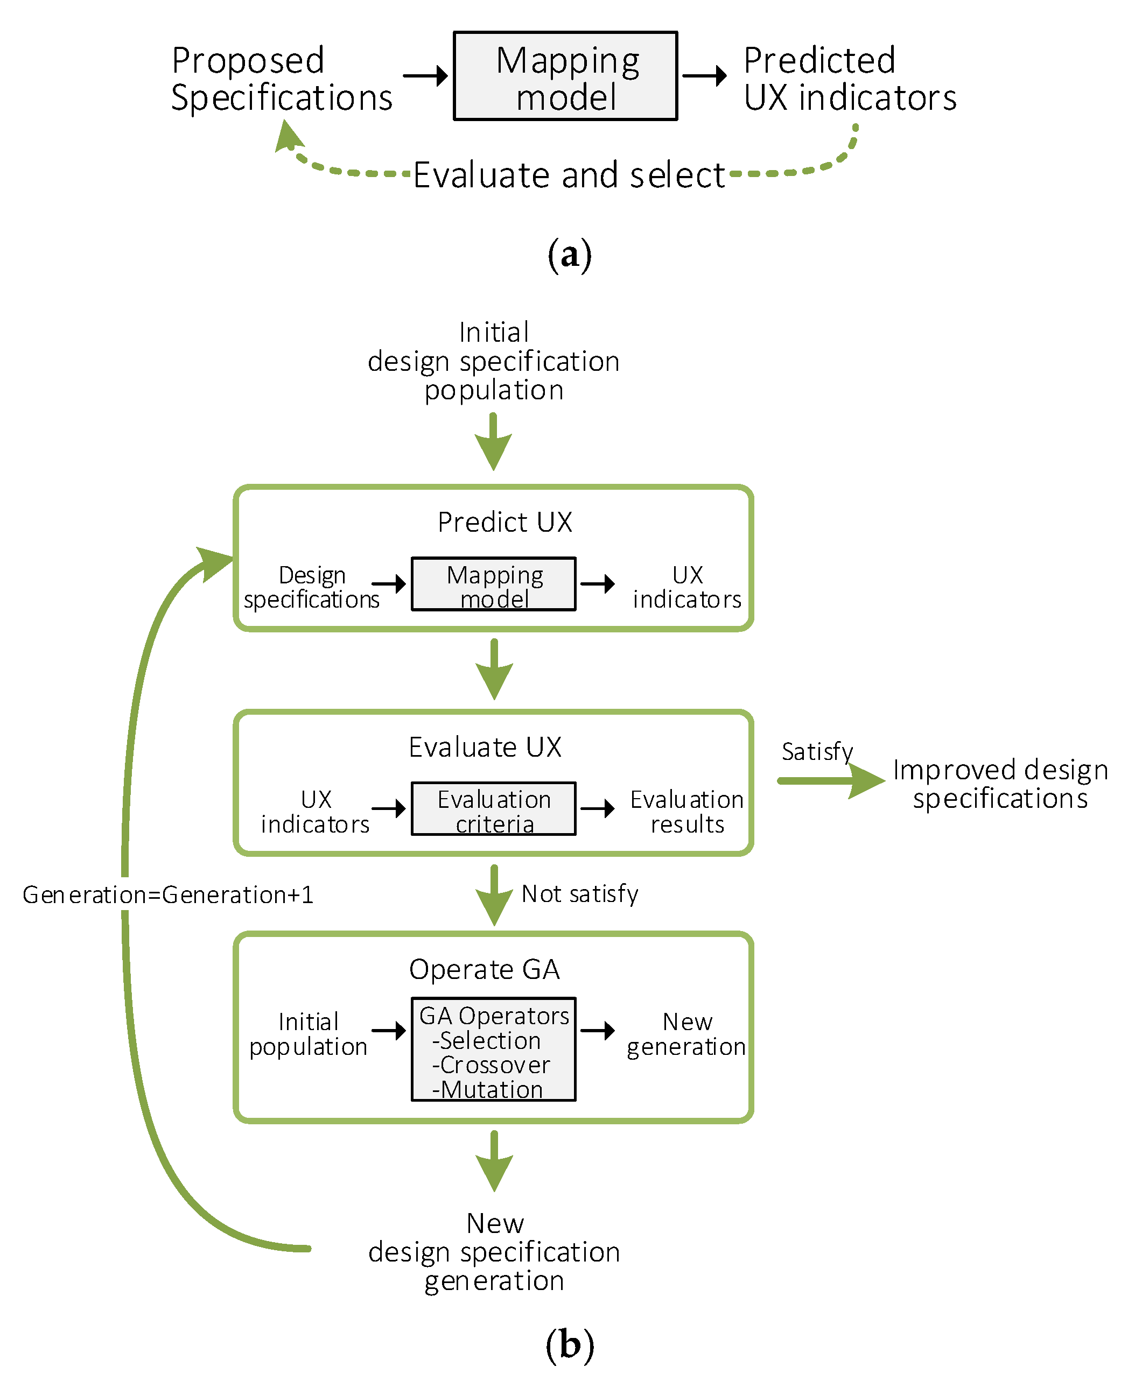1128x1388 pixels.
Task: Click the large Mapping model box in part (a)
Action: [565, 76]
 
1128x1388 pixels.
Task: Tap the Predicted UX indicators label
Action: [849, 79]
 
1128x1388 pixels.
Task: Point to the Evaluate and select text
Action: [569, 175]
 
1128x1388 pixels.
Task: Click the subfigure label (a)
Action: [569, 255]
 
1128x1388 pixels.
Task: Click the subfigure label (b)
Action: [569, 1344]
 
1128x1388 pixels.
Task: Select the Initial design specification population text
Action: [493, 361]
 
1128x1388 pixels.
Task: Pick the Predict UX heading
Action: [504, 522]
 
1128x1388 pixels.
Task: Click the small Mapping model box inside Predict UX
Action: [493, 584]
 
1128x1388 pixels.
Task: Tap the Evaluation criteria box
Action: [493, 809]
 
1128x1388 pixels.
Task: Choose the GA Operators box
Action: [493, 1049]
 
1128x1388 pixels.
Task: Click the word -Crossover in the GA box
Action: [491, 1065]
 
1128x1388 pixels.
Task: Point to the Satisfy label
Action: [817, 751]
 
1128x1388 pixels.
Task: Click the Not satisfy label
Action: [579, 894]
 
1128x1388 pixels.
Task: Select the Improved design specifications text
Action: [999, 784]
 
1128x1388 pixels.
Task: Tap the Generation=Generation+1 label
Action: [167, 895]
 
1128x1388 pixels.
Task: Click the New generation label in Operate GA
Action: [686, 1034]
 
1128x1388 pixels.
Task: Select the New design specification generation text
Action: [493, 1252]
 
